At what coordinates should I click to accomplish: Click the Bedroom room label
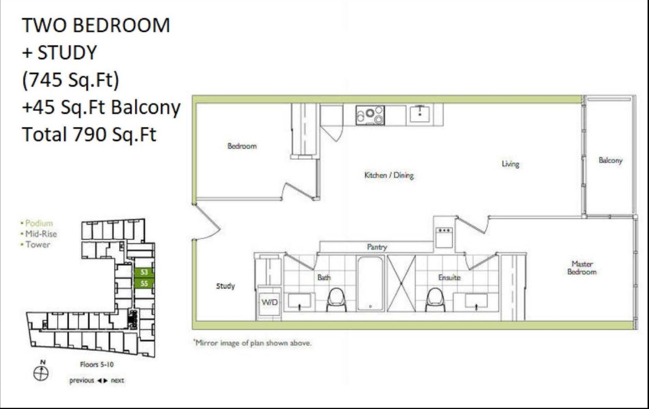[242, 146]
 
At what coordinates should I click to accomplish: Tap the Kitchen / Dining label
[389, 175]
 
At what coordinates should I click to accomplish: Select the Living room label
[510, 164]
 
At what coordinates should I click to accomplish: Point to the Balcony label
[611, 160]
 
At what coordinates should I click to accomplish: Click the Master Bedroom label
[582, 268]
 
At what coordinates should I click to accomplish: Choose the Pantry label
[377, 247]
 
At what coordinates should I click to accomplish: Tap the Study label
[226, 286]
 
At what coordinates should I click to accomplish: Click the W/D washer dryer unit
[269, 302]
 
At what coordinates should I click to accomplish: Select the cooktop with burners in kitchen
[370, 115]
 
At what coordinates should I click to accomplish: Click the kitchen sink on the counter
[420, 114]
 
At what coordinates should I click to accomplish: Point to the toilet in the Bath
[336, 299]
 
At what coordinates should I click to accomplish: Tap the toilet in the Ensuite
[435, 299]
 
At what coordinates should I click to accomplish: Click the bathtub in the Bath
[370, 284]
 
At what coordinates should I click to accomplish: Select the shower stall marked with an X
[401, 284]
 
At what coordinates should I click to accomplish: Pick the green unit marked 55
[144, 283]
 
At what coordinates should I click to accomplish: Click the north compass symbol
[41, 373]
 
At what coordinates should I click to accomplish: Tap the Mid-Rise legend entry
[39, 234]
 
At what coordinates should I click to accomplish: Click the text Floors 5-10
[97, 364]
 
